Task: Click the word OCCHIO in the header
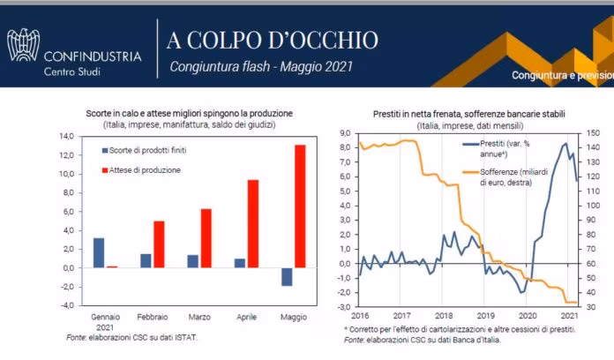click(x=329, y=40)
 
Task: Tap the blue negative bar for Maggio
click(x=286, y=276)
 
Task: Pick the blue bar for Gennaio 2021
click(x=99, y=252)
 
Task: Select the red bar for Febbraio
click(x=159, y=244)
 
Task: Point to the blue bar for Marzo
click(x=192, y=260)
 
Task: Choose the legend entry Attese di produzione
click(x=146, y=169)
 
